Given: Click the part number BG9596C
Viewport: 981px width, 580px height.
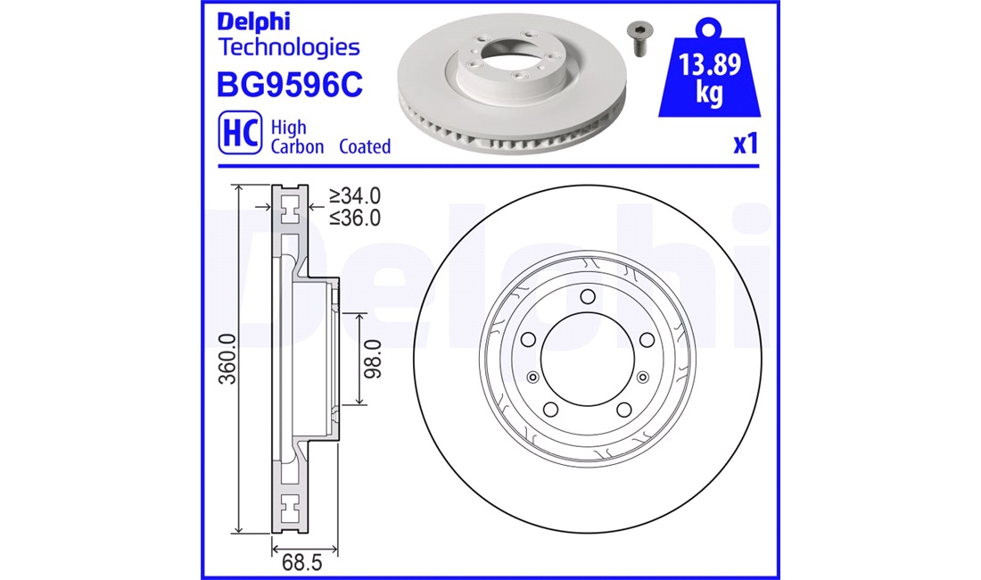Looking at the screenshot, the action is click(290, 85).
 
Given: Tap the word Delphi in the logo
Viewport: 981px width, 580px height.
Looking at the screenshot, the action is click(253, 22).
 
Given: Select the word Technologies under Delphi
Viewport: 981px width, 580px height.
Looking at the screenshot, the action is click(288, 47).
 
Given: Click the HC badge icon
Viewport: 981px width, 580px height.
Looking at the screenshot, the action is click(240, 133).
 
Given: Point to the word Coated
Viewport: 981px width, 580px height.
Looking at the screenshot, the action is click(365, 146).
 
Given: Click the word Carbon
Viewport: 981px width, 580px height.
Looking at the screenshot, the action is click(297, 146).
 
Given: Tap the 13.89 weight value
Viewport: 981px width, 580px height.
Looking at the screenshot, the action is click(710, 64).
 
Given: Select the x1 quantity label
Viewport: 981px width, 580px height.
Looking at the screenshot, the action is click(746, 144).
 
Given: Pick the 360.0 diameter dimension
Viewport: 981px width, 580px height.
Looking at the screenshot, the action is click(227, 359).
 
